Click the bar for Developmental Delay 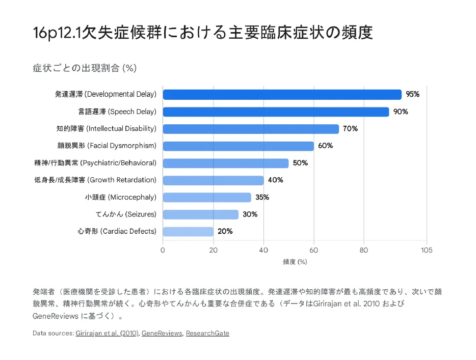[x=282, y=95]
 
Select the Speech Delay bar [x=276, y=112]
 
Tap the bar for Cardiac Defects [x=188, y=232]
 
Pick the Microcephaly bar [x=207, y=198]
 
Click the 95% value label [x=412, y=95]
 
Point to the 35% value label [x=262, y=198]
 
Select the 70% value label [x=350, y=129]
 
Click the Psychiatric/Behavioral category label [x=95, y=163]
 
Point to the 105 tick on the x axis [x=426, y=250]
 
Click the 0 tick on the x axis [x=163, y=250]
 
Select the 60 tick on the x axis [x=313, y=250]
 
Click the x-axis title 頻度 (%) [x=295, y=262]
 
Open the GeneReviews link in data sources [x=162, y=334]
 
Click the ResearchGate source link [x=207, y=334]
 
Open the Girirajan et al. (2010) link [x=107, y=334]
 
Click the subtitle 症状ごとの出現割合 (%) [x=84, y=68]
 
